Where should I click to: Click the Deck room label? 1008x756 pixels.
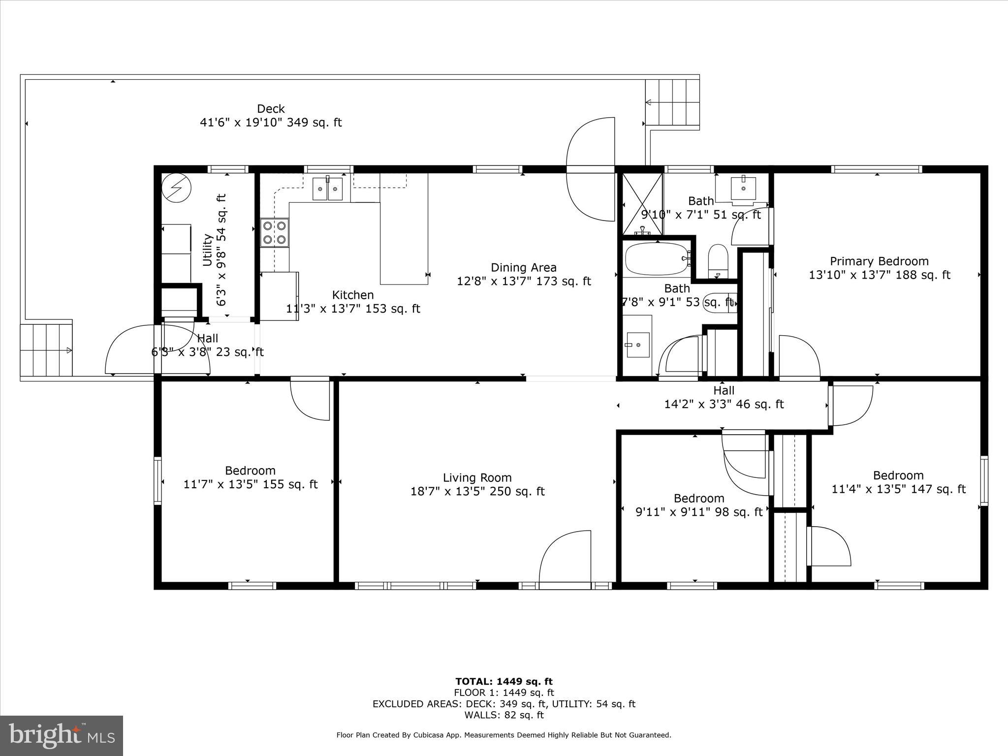[271, 109]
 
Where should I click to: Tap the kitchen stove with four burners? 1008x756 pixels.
[275, 233]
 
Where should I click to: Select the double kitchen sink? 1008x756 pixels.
[328, 189]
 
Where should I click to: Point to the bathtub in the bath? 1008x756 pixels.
[656, 259]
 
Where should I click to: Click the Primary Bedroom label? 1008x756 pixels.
[879, 261]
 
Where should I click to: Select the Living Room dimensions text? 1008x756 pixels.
[477, 491]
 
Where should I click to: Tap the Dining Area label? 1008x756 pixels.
[523, 268]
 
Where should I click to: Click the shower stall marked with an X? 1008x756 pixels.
[642, 204]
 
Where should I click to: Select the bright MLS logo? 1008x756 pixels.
[62, 735]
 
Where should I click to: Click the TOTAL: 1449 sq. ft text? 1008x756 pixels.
[504, 681]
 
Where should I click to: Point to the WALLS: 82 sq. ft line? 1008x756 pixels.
[504, 715]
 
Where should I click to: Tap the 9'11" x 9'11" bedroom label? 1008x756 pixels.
[699, 505]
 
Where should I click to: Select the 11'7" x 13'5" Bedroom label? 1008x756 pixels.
[250, 477]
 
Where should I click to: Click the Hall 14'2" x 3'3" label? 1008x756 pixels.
[724, 398]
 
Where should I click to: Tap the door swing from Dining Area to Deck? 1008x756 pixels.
[591, 169]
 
